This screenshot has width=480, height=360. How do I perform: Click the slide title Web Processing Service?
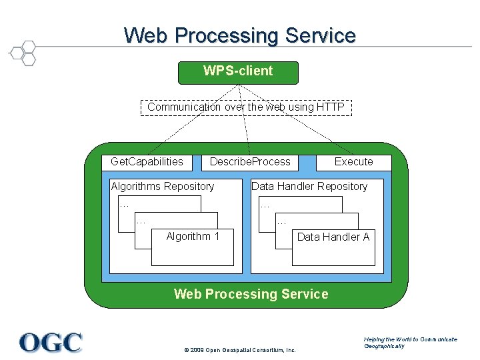[239, 35]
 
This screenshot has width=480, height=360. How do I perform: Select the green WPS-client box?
[238, 72]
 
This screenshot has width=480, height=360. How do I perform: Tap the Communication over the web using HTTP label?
[245, 107]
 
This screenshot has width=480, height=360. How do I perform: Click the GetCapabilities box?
[147, 162]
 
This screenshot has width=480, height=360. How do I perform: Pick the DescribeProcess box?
[250, 162]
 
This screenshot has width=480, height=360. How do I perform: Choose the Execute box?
[353, 162]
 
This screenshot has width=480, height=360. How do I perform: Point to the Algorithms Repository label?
[163, 187]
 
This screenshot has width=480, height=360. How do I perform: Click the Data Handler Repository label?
[309, 187]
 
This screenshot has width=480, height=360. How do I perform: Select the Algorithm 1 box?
[193, 247]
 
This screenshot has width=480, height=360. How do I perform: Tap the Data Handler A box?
[333, 247]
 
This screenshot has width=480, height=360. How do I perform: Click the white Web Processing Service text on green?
[251, 294]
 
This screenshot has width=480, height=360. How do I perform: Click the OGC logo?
[51, 342]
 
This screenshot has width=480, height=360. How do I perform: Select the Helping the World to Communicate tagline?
[411, 339]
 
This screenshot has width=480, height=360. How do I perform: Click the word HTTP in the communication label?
[331, 107]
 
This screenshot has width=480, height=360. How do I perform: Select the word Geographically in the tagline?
[384, 347]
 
